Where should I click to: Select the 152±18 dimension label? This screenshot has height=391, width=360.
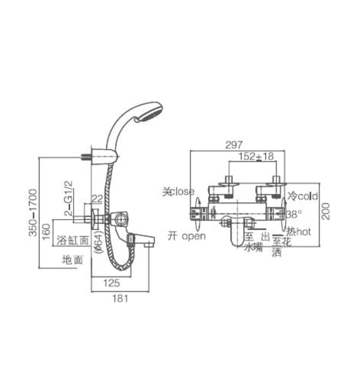256,157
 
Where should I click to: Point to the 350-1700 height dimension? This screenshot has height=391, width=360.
33,212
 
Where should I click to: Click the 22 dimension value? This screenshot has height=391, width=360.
97,198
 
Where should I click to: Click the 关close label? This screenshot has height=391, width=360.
178,192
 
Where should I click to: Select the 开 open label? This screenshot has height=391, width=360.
186,236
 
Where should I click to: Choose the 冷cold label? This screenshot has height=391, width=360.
302,197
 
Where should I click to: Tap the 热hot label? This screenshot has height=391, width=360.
299,231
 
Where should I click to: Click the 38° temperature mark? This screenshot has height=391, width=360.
294,214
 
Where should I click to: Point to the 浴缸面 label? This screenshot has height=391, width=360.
76,240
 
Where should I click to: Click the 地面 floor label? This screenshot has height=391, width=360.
73,260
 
